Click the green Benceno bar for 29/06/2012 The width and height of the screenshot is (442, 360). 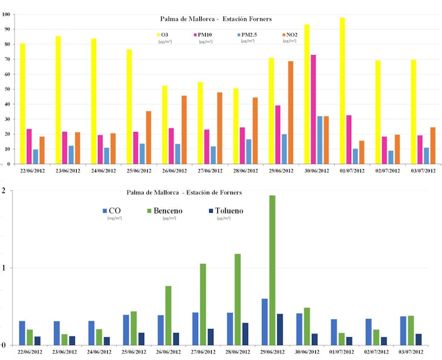pos(272,270)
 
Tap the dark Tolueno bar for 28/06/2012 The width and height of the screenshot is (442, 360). pos(244,333)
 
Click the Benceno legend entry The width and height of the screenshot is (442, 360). pos(167,211)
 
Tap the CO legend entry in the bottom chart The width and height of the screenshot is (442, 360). pos(113,211)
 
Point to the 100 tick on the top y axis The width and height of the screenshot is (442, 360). pos(7,13)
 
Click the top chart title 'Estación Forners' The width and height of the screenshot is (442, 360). pos(248,19)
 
